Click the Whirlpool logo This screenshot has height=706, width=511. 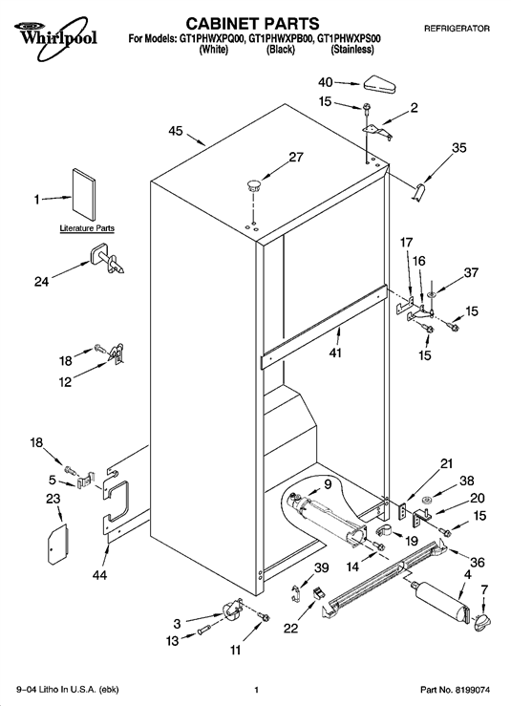[55, 37]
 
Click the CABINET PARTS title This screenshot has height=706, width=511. [252, 23]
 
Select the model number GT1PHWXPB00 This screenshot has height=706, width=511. [281, 39]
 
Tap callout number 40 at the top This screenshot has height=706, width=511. [325, 82]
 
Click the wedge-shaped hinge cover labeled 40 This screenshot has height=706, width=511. [379, 85]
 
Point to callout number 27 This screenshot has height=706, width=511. [296, 157]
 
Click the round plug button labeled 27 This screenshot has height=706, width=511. [253, 185]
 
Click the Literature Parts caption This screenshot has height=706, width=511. [87, 228]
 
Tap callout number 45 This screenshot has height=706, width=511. [176, 131]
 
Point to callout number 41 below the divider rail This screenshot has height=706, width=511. [335, 353]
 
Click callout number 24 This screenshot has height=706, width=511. [41, 283]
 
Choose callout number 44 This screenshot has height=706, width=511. [99, 575]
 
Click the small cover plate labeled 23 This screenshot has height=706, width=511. [57, 544]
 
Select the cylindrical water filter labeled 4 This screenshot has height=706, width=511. [439, 601]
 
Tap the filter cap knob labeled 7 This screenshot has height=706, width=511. [481, 623]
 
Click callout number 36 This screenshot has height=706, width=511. [478, 563]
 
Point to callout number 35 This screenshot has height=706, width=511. [459, 148]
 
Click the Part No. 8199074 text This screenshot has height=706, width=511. [455, 690]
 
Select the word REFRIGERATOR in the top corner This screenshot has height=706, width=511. [457, 29]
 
